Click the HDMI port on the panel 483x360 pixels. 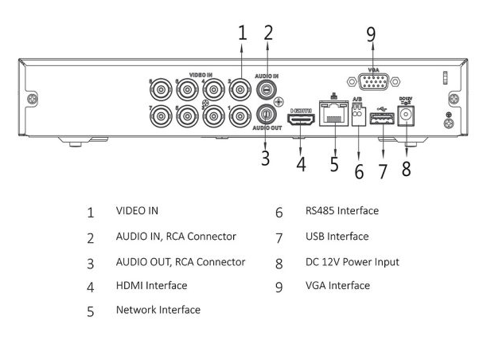301,119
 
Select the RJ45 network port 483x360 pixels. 333,113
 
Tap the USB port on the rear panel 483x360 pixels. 382,119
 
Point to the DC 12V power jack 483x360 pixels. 406,115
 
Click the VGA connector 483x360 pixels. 373,82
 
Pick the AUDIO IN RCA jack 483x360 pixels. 266,89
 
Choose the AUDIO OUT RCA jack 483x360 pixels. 266,114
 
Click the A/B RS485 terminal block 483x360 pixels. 359,115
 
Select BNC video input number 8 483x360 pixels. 161,90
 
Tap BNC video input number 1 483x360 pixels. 240,116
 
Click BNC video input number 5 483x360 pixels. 187,116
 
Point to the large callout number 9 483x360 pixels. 371,34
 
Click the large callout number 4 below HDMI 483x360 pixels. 301,164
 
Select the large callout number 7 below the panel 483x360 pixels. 382,171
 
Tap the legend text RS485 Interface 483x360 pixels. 342,211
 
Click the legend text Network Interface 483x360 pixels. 158,310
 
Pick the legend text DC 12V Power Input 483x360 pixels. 352,262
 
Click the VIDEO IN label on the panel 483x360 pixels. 201,75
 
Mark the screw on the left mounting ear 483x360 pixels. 33,99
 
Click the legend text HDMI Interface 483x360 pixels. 151,285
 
